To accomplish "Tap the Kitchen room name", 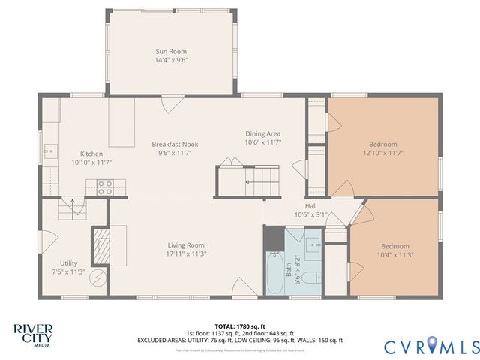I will pos(81,154).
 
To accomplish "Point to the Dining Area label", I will pos(262,133).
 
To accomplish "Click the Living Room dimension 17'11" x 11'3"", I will pos(186,253).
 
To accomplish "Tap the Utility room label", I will pos(69,263).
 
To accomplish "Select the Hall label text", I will pos(310,205).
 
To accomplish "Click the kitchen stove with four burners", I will pos(105,187).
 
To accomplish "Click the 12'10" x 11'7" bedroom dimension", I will pos(382,153).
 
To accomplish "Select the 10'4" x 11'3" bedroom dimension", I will pos(394,255).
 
